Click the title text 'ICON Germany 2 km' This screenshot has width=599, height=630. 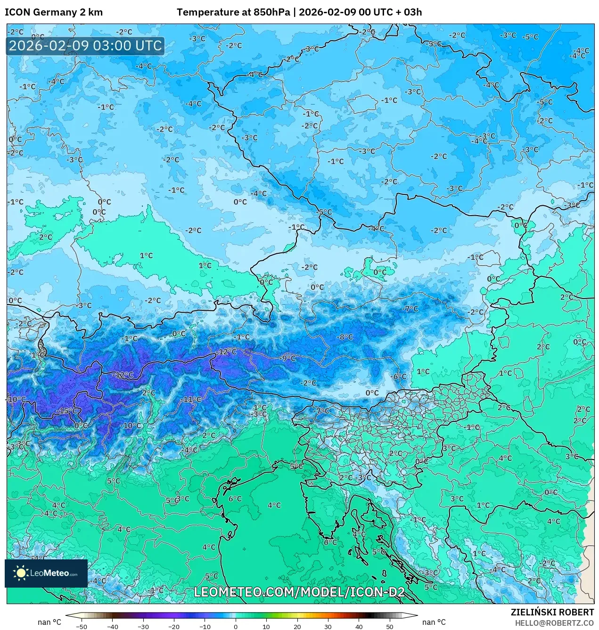(54, 12)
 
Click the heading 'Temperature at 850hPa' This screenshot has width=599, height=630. (233, 12)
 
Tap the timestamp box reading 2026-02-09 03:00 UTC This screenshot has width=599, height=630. (85, 46)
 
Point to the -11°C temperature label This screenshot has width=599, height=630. (191, 399)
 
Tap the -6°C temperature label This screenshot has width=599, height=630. (398, 377)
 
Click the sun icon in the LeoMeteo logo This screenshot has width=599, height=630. (21, 573)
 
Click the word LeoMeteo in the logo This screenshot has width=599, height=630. (50, 573)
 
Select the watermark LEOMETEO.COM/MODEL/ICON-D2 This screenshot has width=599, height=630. (299, 592)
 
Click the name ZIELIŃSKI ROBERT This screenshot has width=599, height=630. (552, 612)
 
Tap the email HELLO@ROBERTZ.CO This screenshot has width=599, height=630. (554, 622)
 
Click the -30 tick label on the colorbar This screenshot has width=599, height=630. (143, 626)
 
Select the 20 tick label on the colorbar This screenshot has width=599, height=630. (297, 626)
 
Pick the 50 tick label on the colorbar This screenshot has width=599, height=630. (390, 626)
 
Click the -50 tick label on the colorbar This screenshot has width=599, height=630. (82, 626)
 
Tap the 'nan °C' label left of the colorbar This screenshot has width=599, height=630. (49, 622)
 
